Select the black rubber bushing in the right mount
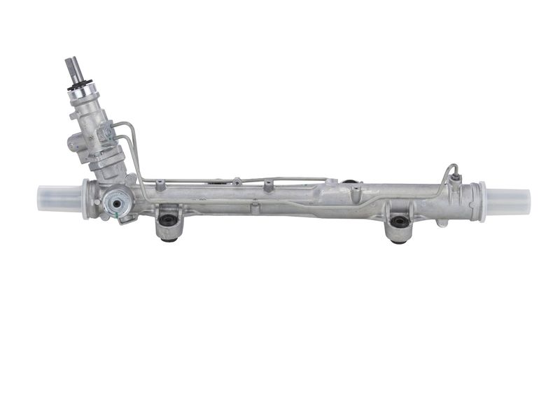click(400, 223)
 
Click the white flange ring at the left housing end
click(85, 198)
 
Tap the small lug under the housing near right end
click(442, 223)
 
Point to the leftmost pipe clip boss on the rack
click(160, 184)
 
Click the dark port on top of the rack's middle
click(348, 183)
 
